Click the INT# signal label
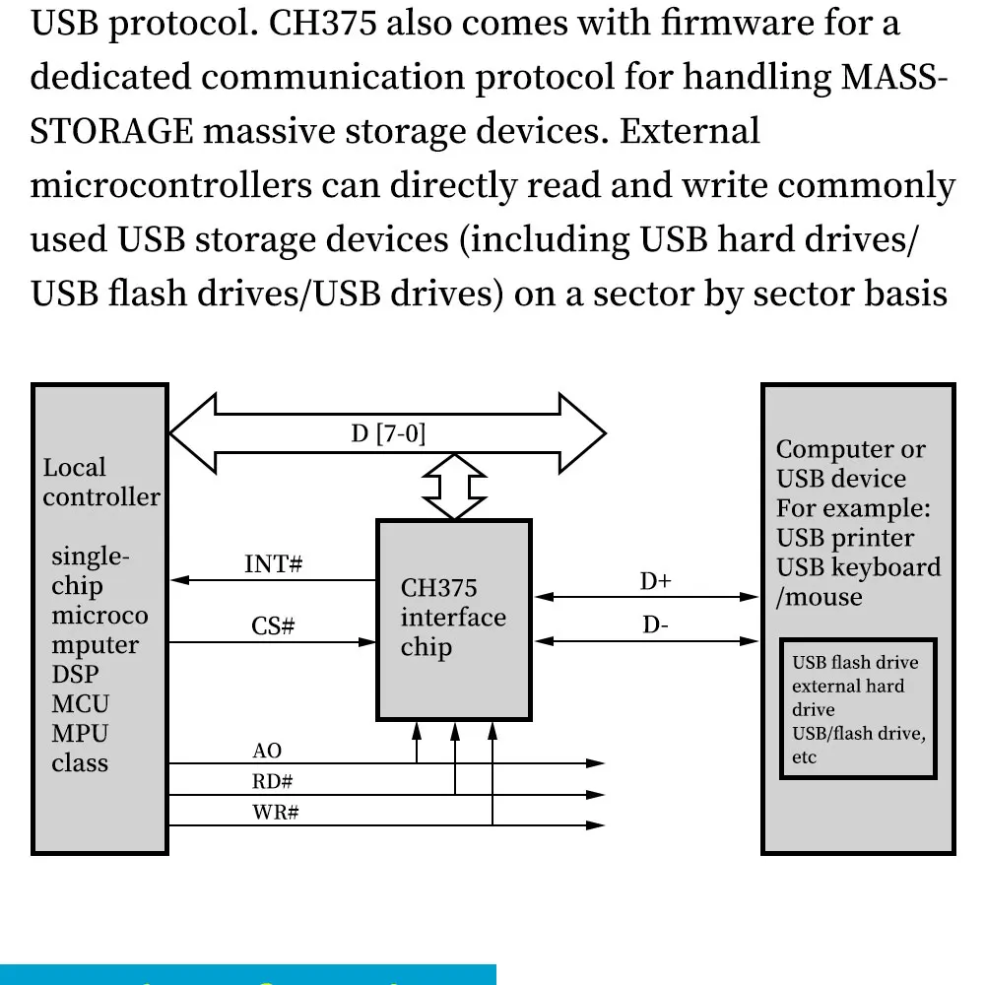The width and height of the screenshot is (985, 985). tap(273, 565)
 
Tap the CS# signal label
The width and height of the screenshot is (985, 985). tap(273, 626)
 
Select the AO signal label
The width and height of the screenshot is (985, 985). tap(267, 752)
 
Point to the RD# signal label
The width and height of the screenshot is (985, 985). tap(273, 783)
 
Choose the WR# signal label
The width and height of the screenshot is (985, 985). tap(276, 815)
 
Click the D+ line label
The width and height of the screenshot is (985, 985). tap(655, 582)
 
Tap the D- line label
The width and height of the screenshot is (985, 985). tap(656, 625)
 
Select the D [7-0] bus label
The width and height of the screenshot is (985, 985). tap(388, 433)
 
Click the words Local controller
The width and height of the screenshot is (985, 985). tap(100, 483)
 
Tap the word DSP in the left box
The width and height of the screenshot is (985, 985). tap(75, 675)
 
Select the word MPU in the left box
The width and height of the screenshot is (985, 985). tap(80, 734)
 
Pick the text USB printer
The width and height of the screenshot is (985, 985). tap(845, 538)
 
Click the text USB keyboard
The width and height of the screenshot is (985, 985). tap(858, 568)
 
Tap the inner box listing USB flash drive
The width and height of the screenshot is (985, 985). tap(858, 709)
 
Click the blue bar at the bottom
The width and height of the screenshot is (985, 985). tap(247, 974)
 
